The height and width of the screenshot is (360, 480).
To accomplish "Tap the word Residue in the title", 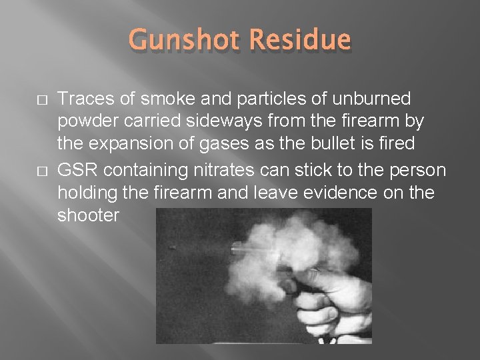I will pos(299,41).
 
